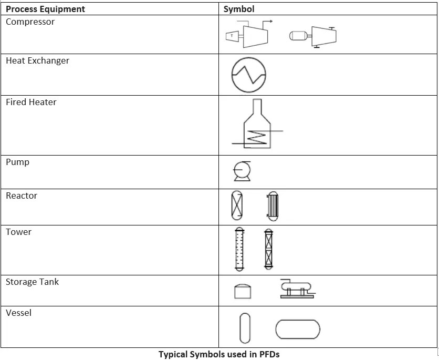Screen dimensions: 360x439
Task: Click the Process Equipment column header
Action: [x=45, y=9]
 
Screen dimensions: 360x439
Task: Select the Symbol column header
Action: [x=238, y=9]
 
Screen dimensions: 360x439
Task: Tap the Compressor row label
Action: [x=30, y=22]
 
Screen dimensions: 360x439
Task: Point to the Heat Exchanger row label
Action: [x=37, y=61]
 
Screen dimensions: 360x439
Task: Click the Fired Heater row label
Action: [x=31, y=102]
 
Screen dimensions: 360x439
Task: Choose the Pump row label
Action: [x=17, y=162]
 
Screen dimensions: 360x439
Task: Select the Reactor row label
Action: [x=22, y=196]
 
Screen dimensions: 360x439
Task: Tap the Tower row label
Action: [x=18, y=232]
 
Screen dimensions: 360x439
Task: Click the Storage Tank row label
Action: [x=32, y=282]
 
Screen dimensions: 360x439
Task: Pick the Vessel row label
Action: [x=18, y=313]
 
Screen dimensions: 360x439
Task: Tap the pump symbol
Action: [x=242, y=171]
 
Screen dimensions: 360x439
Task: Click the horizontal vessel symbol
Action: [x=297, y=330]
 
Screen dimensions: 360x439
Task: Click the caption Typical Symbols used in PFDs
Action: [x=218, y=354]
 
